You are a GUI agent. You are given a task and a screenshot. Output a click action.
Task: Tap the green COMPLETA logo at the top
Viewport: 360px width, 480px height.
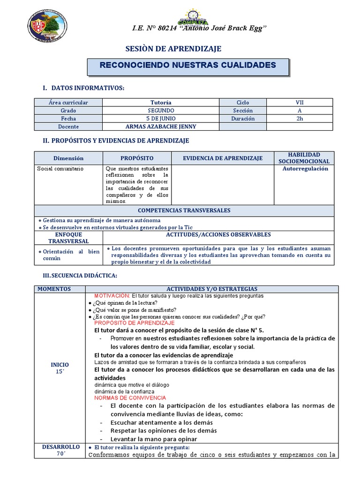pos(193,18)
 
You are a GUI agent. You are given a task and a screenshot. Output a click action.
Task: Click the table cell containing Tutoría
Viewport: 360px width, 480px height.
pos(161,102)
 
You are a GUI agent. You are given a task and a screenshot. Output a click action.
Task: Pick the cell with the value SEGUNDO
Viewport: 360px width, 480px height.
pos(161,110)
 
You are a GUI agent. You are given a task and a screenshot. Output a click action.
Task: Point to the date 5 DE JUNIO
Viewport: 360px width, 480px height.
pos(161,119)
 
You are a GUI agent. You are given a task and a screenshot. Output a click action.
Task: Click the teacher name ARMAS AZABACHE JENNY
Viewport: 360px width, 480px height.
pos(161,127)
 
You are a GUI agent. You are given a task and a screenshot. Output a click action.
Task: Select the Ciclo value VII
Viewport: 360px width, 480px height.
pos(299,102)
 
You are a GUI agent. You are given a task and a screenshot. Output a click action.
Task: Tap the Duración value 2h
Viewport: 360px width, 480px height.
pos(299,119)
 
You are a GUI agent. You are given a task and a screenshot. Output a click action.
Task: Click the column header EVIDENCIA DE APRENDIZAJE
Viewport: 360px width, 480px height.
pos(222,158)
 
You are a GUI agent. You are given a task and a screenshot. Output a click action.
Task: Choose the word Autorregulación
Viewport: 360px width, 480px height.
pos(305,169)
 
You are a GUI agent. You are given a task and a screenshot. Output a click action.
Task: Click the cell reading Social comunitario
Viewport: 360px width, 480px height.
pos(60,169)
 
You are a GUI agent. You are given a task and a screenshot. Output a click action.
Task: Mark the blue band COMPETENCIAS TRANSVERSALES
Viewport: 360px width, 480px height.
pos(184,211)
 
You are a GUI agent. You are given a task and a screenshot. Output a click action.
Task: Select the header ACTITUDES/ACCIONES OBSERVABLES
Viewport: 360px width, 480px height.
pos(218,234)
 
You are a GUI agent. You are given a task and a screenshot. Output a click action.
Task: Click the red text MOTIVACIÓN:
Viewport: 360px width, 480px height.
pos(112,296)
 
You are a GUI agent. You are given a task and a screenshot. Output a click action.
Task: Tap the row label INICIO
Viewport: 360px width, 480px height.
pos(60,364)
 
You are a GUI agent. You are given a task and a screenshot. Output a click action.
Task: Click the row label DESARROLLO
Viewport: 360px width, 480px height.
pos(61,447)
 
